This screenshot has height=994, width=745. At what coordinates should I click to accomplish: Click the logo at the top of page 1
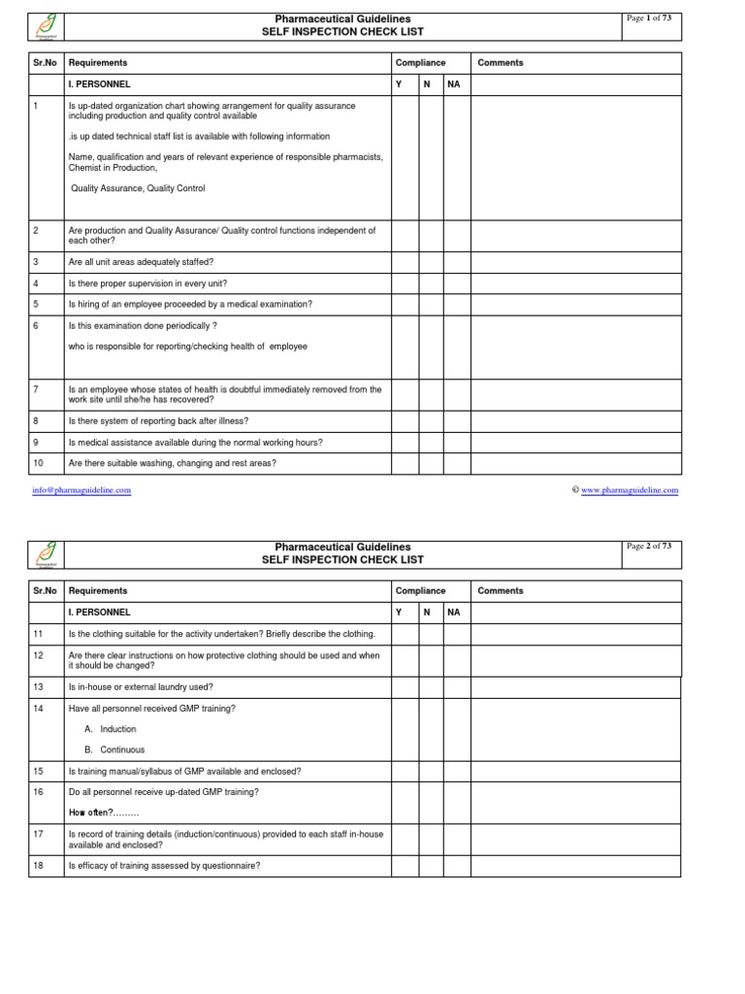[47, 25]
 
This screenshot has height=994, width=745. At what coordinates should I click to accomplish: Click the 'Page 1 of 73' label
[650, 17]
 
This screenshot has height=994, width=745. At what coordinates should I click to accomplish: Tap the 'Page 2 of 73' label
[650, 547]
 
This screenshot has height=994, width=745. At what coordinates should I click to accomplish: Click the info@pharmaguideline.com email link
[82, 490]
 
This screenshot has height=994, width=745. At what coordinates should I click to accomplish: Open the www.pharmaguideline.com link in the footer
[630, 490]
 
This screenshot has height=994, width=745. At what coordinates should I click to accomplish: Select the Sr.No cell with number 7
[36, 389]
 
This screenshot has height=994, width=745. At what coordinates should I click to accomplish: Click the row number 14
[39, 708]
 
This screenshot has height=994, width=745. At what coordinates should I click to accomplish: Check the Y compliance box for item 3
[405, 262]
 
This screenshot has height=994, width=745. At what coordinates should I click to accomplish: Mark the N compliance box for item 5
[431, 304]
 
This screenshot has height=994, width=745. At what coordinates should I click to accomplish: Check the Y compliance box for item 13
[405, 686]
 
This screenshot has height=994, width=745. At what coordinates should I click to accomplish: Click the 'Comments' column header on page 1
[501, 63]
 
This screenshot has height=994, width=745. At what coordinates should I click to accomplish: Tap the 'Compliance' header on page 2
[420, 590]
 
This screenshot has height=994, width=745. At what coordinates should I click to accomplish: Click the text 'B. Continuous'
[114, 749]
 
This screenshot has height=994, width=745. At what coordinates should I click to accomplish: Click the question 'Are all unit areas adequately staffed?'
[142, 262]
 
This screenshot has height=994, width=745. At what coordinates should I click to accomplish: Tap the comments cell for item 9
[576, 443]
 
